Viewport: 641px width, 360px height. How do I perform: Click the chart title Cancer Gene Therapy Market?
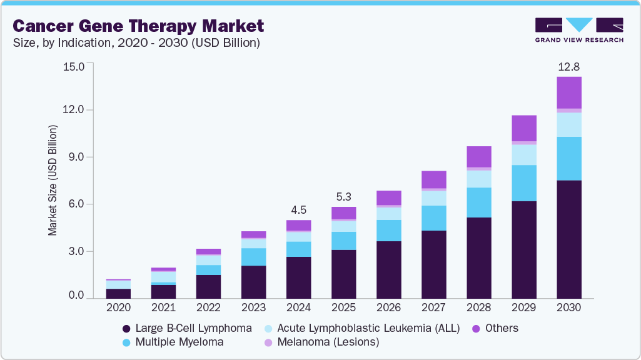(138, 26)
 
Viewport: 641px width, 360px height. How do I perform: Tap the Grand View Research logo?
(578, 29)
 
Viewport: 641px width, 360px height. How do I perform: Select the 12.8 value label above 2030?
(568, 66)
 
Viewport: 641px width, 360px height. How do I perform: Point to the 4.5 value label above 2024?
(298, 209)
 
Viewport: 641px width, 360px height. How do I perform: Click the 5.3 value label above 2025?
(343, 196)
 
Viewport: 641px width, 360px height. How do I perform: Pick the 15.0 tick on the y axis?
(74, 66)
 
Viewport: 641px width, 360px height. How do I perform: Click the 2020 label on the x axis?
(118, 307)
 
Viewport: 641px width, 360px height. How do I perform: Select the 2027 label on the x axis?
(433, 307)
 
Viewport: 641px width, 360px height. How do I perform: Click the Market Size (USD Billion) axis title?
(53, 180)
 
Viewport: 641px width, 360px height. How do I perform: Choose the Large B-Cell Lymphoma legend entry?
(188, 328)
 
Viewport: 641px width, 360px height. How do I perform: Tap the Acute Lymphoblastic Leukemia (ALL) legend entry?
(361, 328)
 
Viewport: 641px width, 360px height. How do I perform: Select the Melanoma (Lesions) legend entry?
(322, 342)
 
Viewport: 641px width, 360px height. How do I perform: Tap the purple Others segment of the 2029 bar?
(523, 127)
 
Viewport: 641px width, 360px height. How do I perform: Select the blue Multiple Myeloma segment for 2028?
(478, 202)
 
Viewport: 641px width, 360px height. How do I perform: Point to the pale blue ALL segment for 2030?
(568, 124)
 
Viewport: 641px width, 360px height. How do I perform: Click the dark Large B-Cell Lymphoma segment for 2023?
(253, 282)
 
